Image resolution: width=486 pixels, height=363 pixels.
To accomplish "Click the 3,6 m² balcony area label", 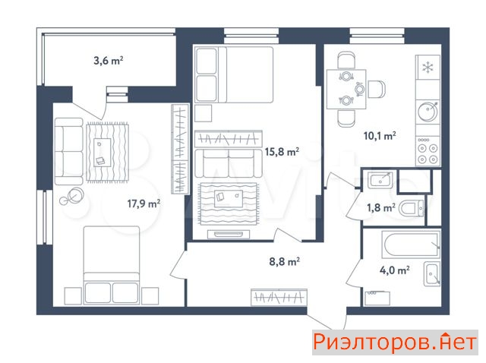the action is tap(109, 61).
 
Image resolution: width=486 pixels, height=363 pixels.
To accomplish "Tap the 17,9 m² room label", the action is tap(144, 204).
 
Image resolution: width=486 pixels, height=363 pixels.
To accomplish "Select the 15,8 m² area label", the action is tap(282, 152).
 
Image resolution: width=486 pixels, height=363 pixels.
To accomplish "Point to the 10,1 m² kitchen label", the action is tap(380, 136).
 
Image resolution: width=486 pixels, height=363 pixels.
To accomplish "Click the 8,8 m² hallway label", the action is tap(284, 262).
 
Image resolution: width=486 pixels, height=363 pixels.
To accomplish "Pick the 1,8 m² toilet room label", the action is tap(381, 207).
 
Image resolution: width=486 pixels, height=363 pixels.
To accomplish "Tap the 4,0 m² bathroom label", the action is tap(395, 270).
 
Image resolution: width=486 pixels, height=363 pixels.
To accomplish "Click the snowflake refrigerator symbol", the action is tap(428, 68).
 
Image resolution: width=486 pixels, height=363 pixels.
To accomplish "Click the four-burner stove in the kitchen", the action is tap(428, 151).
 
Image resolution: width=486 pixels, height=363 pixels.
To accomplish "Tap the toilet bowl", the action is tap(411, 209).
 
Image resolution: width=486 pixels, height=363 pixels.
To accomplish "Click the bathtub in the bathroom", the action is tap(411, 245).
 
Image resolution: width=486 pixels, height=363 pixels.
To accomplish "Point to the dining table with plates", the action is tap(346, 89).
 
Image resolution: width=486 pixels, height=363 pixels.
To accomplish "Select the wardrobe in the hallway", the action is tap(279, 297).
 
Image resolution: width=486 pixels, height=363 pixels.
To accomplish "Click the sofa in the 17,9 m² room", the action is tap(69, 151).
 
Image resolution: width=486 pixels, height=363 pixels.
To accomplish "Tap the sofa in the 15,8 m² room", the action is tap(229, 163).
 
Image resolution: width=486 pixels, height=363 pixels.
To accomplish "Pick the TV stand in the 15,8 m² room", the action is tap(229, 235).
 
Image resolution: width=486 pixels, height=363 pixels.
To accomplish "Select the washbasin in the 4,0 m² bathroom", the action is tap(432, 273).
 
